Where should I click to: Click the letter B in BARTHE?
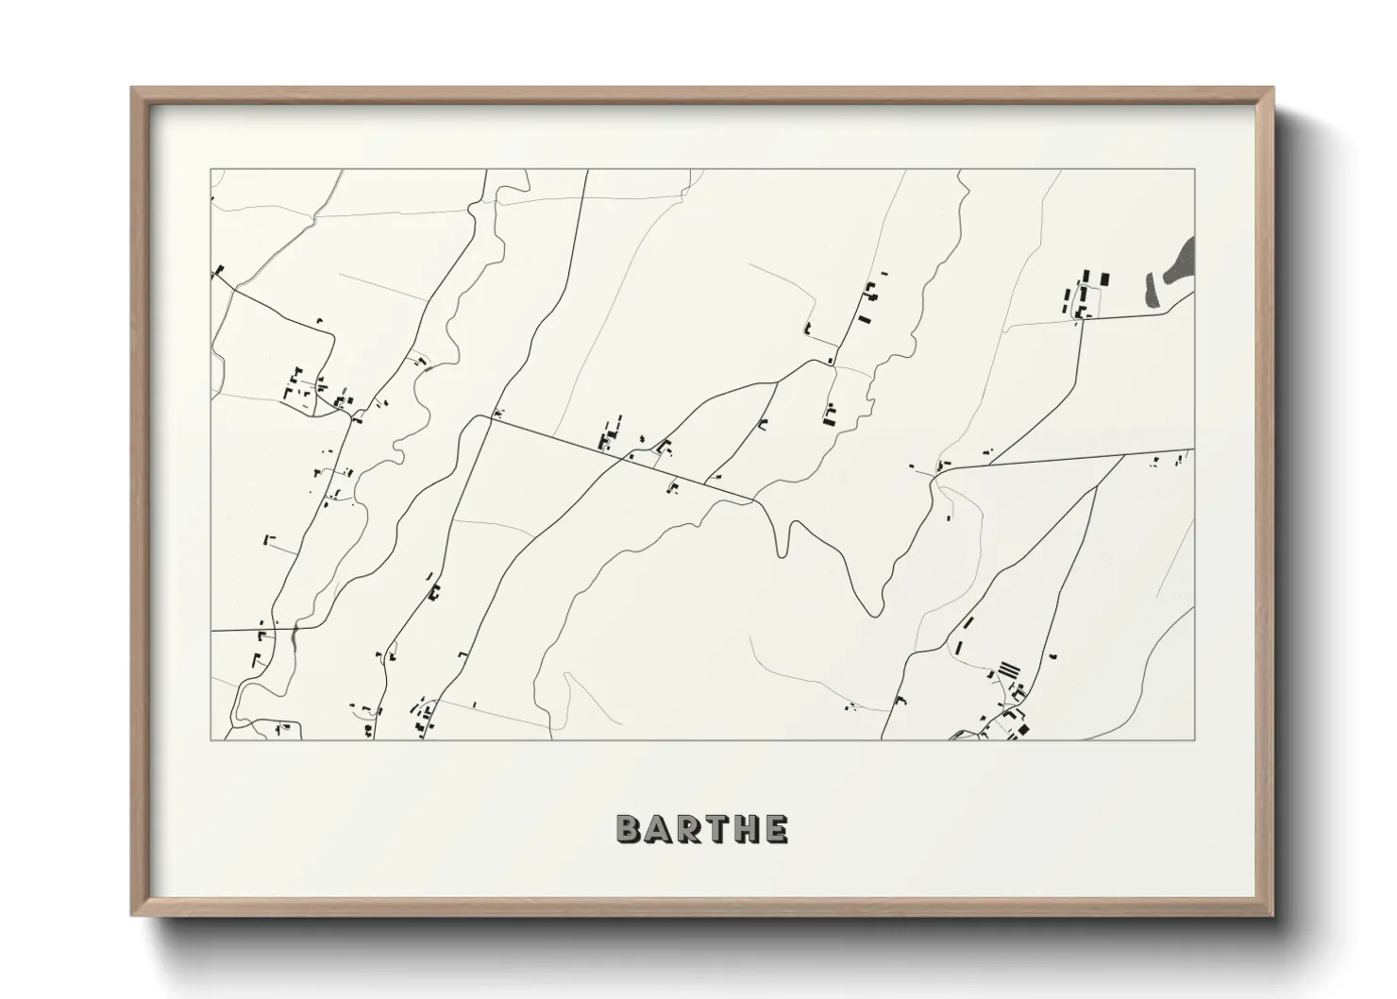click(629, 829)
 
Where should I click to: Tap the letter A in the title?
click(659, 829)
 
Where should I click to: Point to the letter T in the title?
click(716, 829)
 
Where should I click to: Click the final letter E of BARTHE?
click(776, 829)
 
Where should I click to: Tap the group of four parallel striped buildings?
click(1009, 669)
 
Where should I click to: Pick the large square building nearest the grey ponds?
click(1103, 279)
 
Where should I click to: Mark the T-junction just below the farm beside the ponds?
click(1081, 319)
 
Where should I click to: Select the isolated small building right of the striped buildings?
click(1053, 655)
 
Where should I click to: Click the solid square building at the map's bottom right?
click(1023, 730)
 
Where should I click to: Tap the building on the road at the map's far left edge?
click(219, 270)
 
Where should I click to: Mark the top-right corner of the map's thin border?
click(1194, 170)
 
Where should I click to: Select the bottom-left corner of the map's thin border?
click(210, 739)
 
